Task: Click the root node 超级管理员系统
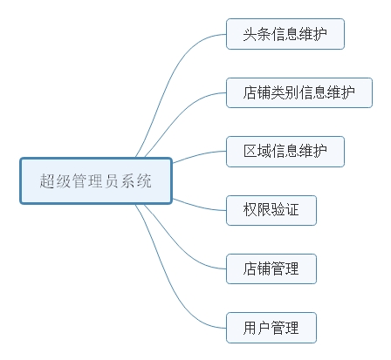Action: (x=96, y=180)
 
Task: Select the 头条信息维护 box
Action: (x=285, y=34)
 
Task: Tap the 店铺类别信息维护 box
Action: (x=299, y=92)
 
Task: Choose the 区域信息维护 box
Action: (x=285, y=152)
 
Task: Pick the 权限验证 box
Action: (x=271, y=210)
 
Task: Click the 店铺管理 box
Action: (x=271, y=268)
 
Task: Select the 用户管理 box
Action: (x=271, y=328)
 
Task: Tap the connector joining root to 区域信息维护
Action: (x=199, y=155)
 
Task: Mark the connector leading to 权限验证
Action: (x=199, y=206)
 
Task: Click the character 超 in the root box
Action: (x=47, y=181)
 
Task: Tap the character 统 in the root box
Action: (x=144, y=181)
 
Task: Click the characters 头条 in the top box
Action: (x=257, y=34)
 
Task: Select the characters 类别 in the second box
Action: (x=285, y=92)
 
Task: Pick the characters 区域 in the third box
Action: (x=257, y=152)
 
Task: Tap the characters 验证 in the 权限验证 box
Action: (x=285, y=210)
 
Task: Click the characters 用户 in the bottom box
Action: (x=257, y=328)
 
